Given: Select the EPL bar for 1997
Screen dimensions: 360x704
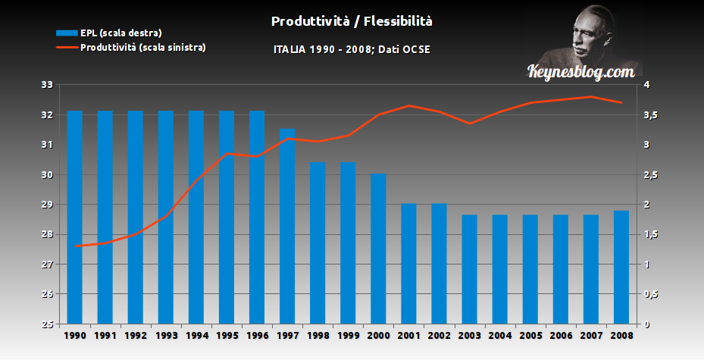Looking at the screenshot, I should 287,227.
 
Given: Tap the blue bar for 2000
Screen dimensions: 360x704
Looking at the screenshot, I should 378,250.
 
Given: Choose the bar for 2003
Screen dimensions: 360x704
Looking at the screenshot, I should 470,270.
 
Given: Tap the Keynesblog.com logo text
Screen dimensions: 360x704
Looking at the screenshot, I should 580,72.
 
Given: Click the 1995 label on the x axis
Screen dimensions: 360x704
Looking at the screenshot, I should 227,335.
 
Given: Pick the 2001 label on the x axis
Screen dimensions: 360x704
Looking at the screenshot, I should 408,335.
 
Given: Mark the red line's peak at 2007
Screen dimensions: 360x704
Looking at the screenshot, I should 591,96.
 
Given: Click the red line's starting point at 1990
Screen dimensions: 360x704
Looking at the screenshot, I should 75,246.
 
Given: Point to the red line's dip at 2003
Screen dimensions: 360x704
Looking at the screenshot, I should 470,124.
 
